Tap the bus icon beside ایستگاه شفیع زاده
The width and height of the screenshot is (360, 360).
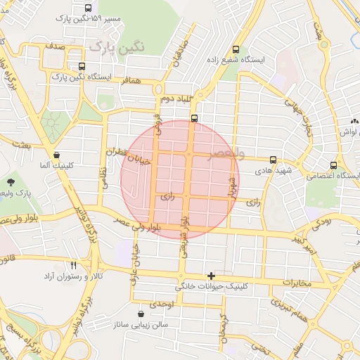[235, 51]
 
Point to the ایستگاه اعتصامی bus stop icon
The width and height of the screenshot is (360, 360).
[333, 166]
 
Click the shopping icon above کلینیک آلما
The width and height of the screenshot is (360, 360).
[56, 155]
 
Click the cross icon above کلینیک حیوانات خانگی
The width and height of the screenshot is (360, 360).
[210, 276]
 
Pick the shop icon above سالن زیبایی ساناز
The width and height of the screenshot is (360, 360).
[143, 314]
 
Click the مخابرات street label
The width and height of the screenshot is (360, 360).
[291, 283]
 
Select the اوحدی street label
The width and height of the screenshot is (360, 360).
[162, 304]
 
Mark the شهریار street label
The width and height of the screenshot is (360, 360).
[231, 184]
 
